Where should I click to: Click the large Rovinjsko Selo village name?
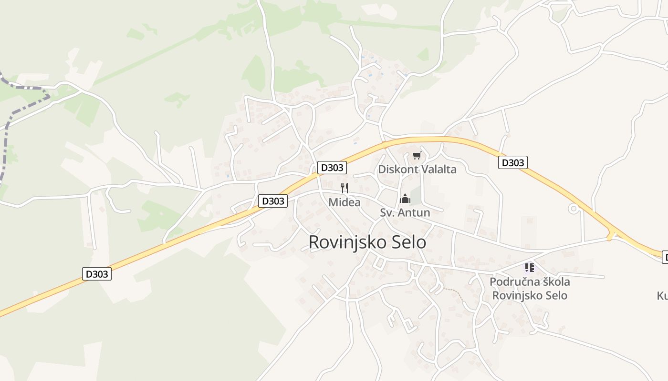tap(367, 242)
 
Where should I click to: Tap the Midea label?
tap(344, 202)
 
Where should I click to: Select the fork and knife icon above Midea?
tap(344, 188)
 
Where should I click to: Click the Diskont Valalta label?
tap(417, 169)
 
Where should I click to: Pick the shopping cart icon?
tap(417, 156)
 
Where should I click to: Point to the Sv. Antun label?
tap(405, 212)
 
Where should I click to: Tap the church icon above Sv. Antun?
tap(405, 199)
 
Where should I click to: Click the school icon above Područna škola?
tap(530, 268)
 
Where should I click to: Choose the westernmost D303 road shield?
tap(97, 274)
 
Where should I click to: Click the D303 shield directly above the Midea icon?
tap(332, 168)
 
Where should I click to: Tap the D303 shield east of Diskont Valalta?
tap(512, 162)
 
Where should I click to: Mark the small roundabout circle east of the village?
tap(573, 209)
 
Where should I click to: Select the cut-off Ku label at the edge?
tap(662, 296)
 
